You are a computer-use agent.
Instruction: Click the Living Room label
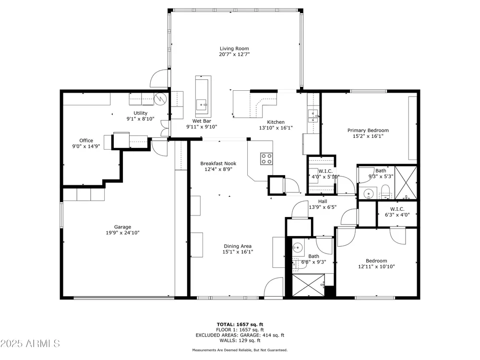pos(235,48)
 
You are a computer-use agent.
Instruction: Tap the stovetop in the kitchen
pos(266,158)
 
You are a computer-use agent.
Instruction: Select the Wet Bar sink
pos(202,104)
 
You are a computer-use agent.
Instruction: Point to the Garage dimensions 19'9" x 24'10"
pos(123,233)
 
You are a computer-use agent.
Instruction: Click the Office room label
pos(86,141)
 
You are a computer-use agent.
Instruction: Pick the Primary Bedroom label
pos(368,131)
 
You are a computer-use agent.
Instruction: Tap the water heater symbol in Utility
pos(160,98)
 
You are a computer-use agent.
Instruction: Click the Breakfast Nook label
pos(218,164)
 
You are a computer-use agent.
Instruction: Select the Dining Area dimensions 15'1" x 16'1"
pos(238,252)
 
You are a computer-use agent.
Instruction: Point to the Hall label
pos(323,202)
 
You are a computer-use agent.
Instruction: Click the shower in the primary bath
pos(406,183)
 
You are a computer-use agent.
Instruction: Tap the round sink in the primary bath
pos(368,193)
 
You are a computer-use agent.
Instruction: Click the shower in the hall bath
pos(308,285)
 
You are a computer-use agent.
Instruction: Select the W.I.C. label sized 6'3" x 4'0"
pos(397,209)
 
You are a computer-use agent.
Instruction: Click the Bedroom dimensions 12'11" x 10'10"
pos(376,266)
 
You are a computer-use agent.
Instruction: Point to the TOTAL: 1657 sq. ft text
pos(240,324)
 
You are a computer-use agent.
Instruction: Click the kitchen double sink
pos(313,115)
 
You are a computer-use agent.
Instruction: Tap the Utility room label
pos(141,113)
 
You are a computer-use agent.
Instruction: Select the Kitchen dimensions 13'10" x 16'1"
pos(276,128)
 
